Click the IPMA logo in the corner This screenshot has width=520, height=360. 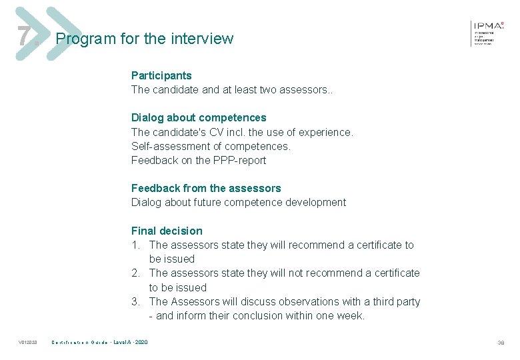488,31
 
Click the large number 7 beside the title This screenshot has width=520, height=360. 23,37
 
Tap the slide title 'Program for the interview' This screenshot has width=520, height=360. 145,39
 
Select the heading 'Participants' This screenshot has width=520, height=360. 161,75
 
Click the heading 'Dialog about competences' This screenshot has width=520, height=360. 199,117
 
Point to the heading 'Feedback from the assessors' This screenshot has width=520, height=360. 206,188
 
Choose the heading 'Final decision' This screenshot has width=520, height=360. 167,231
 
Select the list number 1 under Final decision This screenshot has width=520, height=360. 135,245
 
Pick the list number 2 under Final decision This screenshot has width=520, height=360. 135,273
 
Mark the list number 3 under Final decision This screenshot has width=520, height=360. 135,301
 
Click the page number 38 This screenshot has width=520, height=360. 501,343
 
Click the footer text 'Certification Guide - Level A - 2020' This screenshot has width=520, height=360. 100,343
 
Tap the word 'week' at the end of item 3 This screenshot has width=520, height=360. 349,315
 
